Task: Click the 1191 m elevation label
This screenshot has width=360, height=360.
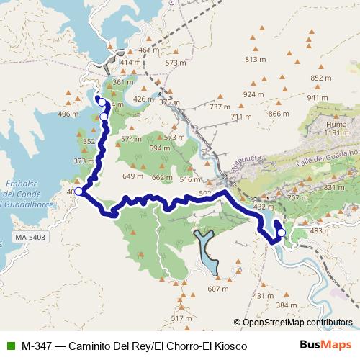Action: [336, 132]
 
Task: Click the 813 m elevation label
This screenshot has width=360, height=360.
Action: [256, 59]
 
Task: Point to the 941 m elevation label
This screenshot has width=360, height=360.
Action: [318, 98]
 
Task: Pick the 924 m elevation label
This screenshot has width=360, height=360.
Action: [253, 94]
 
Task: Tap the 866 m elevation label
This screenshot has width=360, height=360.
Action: [279, 114]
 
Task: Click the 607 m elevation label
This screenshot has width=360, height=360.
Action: [217, 289]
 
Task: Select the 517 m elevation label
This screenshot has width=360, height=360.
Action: [181, 318]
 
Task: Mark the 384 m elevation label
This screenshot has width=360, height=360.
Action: [286, 305]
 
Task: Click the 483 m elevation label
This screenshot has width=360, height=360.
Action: [320, 230]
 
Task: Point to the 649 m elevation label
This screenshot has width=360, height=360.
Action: [133, 176]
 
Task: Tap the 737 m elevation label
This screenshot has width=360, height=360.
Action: [220, 107]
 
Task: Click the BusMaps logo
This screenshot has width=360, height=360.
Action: [326, 345]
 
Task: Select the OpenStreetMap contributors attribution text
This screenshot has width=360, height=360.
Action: [297, 323]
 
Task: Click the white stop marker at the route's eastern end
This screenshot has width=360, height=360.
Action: [281, 233]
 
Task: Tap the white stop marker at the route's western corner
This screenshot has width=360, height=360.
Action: [78, 192]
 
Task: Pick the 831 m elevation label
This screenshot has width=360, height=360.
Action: [334, 187]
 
